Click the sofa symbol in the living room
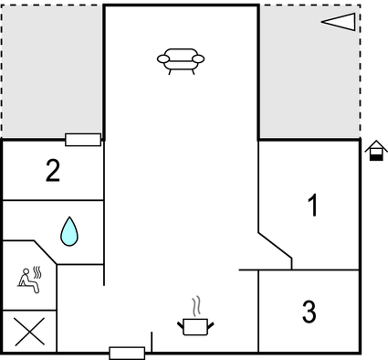click(x=181, y=59)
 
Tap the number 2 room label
click(x=54, y=170)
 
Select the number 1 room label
click(x=313, y=206)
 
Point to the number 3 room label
click(x=309, y=312)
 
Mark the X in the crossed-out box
click(x=29, y=332)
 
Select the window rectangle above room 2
click(x=83, y=139)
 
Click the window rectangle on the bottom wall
click(x=127, y=353)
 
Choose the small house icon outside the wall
click(x=375, y=151)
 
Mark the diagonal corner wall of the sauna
click(x=47, y=253)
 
